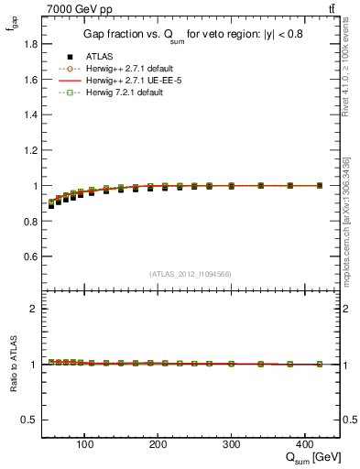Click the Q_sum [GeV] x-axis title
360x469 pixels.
311,457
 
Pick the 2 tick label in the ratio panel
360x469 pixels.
33,309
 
